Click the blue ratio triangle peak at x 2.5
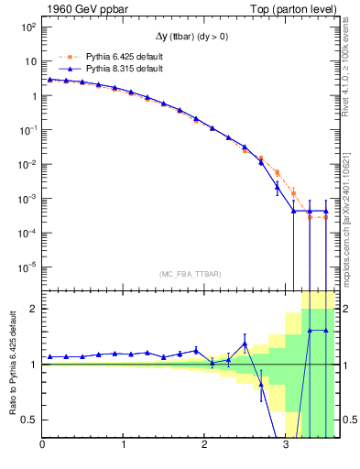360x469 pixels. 245,344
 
